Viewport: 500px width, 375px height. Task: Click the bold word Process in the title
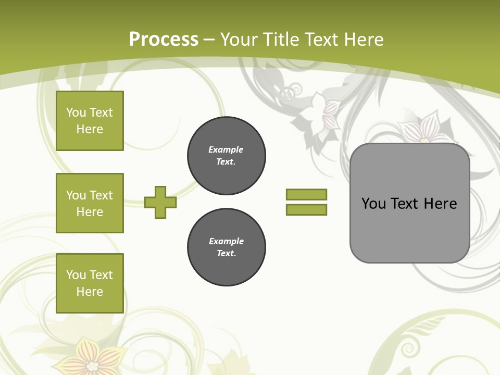(164, 40)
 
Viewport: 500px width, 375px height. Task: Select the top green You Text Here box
(90, 121)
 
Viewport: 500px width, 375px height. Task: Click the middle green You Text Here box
(90, 203)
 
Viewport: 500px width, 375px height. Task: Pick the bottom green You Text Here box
(90, 283)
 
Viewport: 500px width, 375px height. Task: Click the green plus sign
(160, 202)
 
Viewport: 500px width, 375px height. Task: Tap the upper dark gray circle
(226, 156)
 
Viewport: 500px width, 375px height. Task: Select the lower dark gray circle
(226, 247)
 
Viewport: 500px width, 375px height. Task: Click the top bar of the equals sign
(306, 194)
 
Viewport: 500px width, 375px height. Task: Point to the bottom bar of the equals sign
(306, 209)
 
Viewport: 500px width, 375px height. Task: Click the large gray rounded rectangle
(409, 229)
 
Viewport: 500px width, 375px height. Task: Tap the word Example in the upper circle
(226, 149)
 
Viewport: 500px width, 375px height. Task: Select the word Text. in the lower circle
(226, 254)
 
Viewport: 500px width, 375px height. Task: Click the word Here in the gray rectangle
(440, 204)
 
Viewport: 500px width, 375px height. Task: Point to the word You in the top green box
(76, 113)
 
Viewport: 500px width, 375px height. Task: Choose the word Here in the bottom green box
(90, 292)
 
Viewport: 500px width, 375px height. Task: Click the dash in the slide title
(209, 40)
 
